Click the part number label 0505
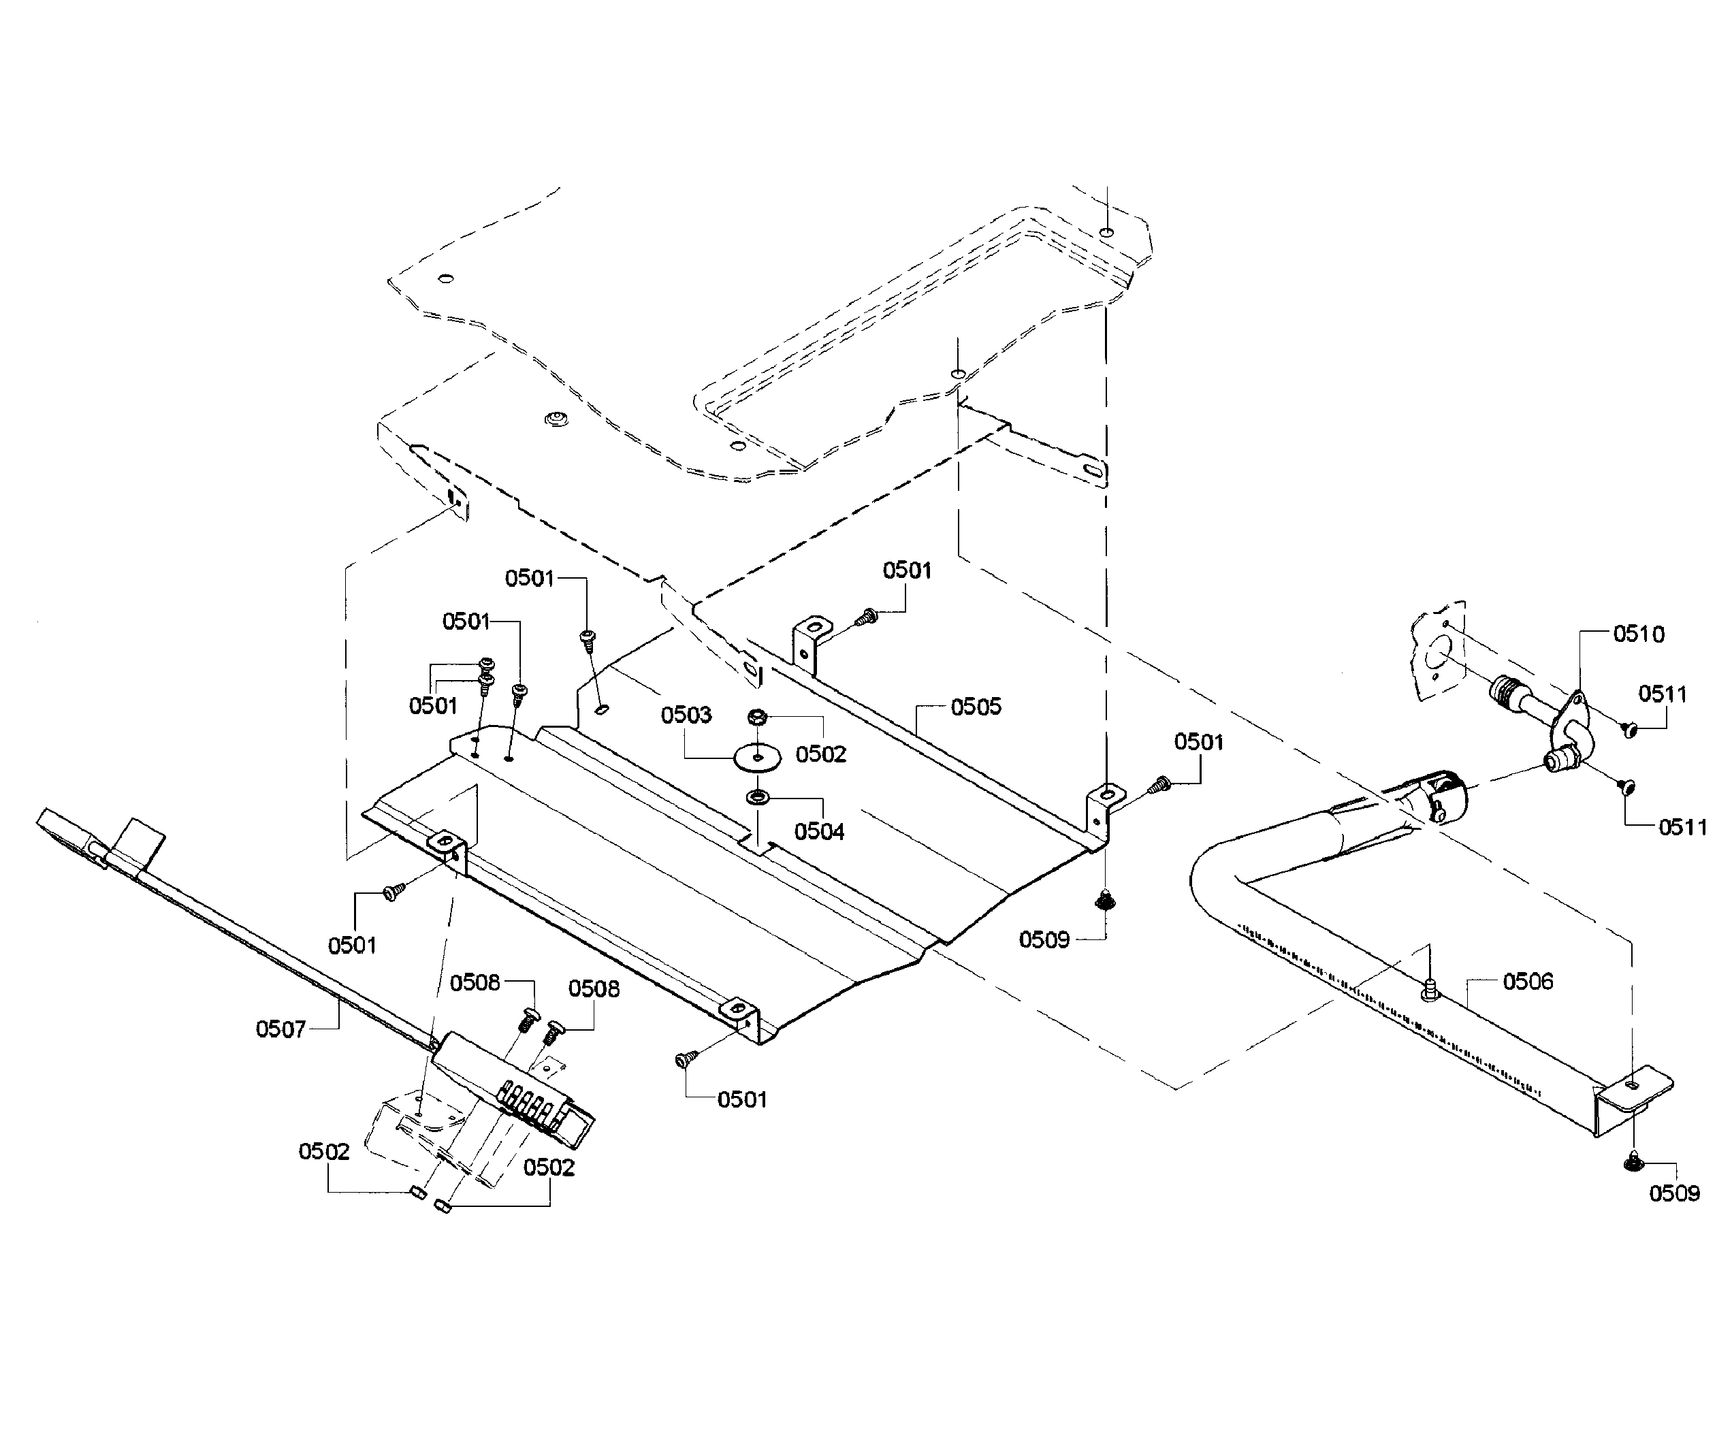[x=976, y=707]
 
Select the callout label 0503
[x=686, y=714]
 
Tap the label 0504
[x=819, y=831]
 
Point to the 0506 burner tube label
[x=1528, y=982]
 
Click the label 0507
[x=280, y=1029]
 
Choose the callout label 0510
[x=1638, y=634]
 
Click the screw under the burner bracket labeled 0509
[x=1635, y=1163]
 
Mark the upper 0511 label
[x=1662, y=694]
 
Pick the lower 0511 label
[x=1682, y=827]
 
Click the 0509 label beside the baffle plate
[x=1043, y=940]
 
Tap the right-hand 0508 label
[x=594, y=989]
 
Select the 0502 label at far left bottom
[x=324, y=1151]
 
